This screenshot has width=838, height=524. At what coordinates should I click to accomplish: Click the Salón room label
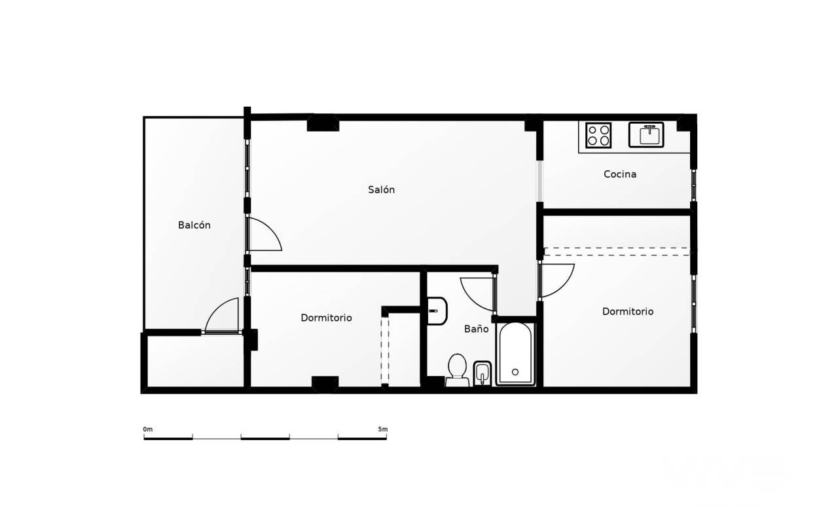(x=381, y=190)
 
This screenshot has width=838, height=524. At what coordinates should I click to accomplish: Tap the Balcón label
(x=194, y=225)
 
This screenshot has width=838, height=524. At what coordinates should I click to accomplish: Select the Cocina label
(x=620, y=174)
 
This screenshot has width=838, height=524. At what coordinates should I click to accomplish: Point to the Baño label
(x=476, y=329)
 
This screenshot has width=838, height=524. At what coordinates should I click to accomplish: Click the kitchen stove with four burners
(x=598, y=135)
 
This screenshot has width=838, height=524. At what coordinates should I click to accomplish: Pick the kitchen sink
(x=646, y=135)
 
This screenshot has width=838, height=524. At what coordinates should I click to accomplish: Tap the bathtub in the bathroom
(x=515, y=354)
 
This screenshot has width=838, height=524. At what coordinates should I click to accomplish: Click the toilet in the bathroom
(x=457, y=370)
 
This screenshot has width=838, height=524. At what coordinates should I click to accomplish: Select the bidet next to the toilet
(x=483, y=373)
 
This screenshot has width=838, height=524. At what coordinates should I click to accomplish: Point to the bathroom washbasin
(x=437, y=311)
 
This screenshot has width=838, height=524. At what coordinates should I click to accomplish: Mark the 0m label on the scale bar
(x=148, y=429)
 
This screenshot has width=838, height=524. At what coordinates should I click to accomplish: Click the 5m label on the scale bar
(x=383, y=429)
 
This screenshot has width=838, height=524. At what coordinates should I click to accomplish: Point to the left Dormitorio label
(x=326, y=318)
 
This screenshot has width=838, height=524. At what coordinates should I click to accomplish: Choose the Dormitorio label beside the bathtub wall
(x=628, y=311)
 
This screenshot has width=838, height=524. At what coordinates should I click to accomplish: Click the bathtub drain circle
(x=515, y=372)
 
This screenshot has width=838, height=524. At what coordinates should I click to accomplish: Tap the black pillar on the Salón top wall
(x=323, y=123)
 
